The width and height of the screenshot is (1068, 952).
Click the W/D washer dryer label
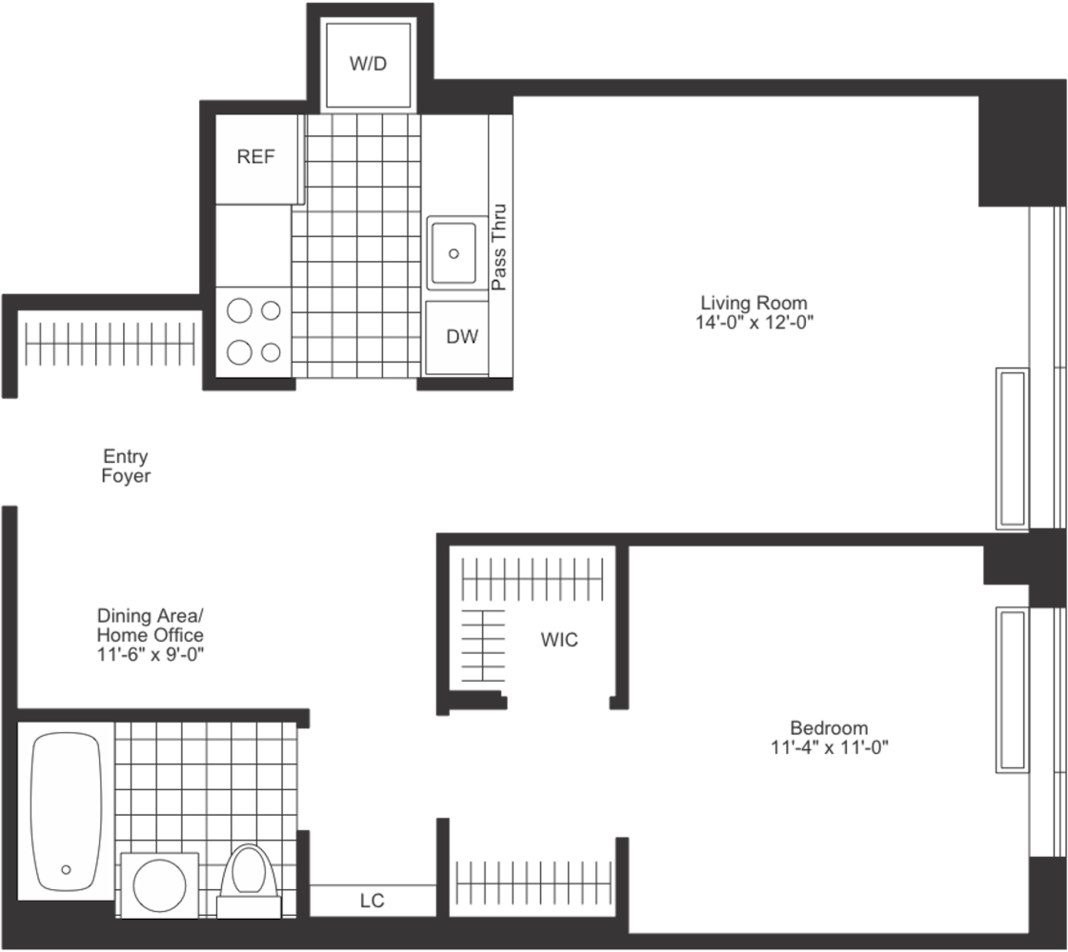click(x=369, y=65)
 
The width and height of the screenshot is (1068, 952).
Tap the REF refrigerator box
click(x=255, y=158)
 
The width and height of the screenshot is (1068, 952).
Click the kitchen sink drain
click(x=454, y=254)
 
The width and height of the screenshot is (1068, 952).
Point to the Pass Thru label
click(x=498, y=248)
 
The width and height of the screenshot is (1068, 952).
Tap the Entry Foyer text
click(x=126, y=466)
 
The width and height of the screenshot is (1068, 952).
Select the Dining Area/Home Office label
click(x=150, y=624)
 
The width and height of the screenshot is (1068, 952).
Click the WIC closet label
click(x=559, y=640)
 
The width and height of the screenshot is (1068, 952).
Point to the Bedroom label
click(x=828, y=727)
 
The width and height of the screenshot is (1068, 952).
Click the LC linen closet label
click(x=373, y=901)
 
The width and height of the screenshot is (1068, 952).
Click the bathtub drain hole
click(x=66, y=869)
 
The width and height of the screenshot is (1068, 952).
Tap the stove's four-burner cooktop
click(x=254, y=331)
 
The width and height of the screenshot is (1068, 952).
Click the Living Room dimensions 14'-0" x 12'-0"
click(x=754, y=323)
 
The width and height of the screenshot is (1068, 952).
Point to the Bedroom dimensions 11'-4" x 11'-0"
click(x=829, y=747)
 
